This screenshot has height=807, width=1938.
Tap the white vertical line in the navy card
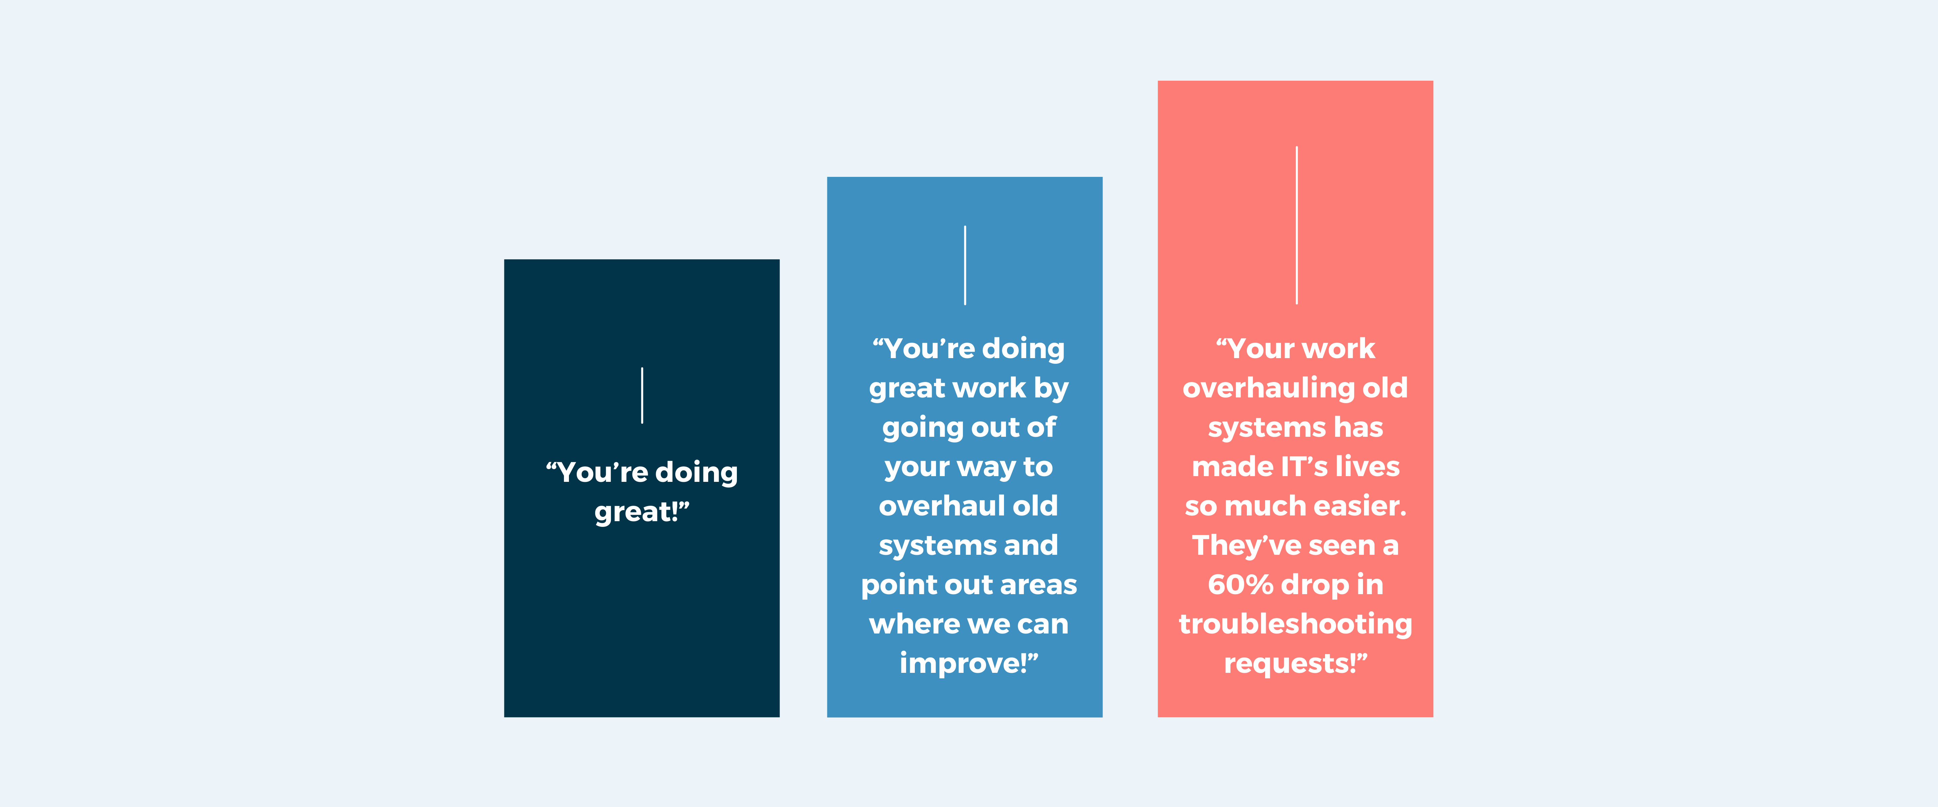click(642, 395)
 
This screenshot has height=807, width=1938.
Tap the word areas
click(1038, 585)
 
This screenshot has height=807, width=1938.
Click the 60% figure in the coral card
click(1240, 584)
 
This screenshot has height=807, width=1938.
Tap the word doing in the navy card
click(696, 473)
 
